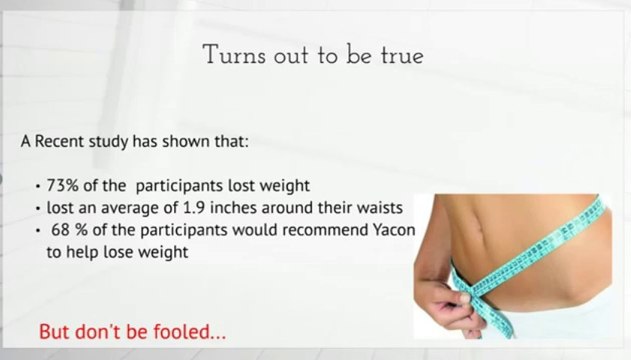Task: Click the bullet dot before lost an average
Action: [37, 210]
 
